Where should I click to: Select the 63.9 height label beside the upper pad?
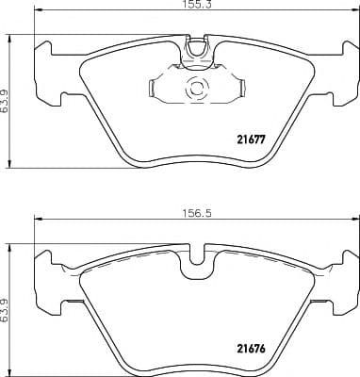coord(7,96)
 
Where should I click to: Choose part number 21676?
coord(249,347)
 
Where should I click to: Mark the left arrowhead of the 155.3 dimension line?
coord(38,12)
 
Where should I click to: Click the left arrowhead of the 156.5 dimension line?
coord(38,221)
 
